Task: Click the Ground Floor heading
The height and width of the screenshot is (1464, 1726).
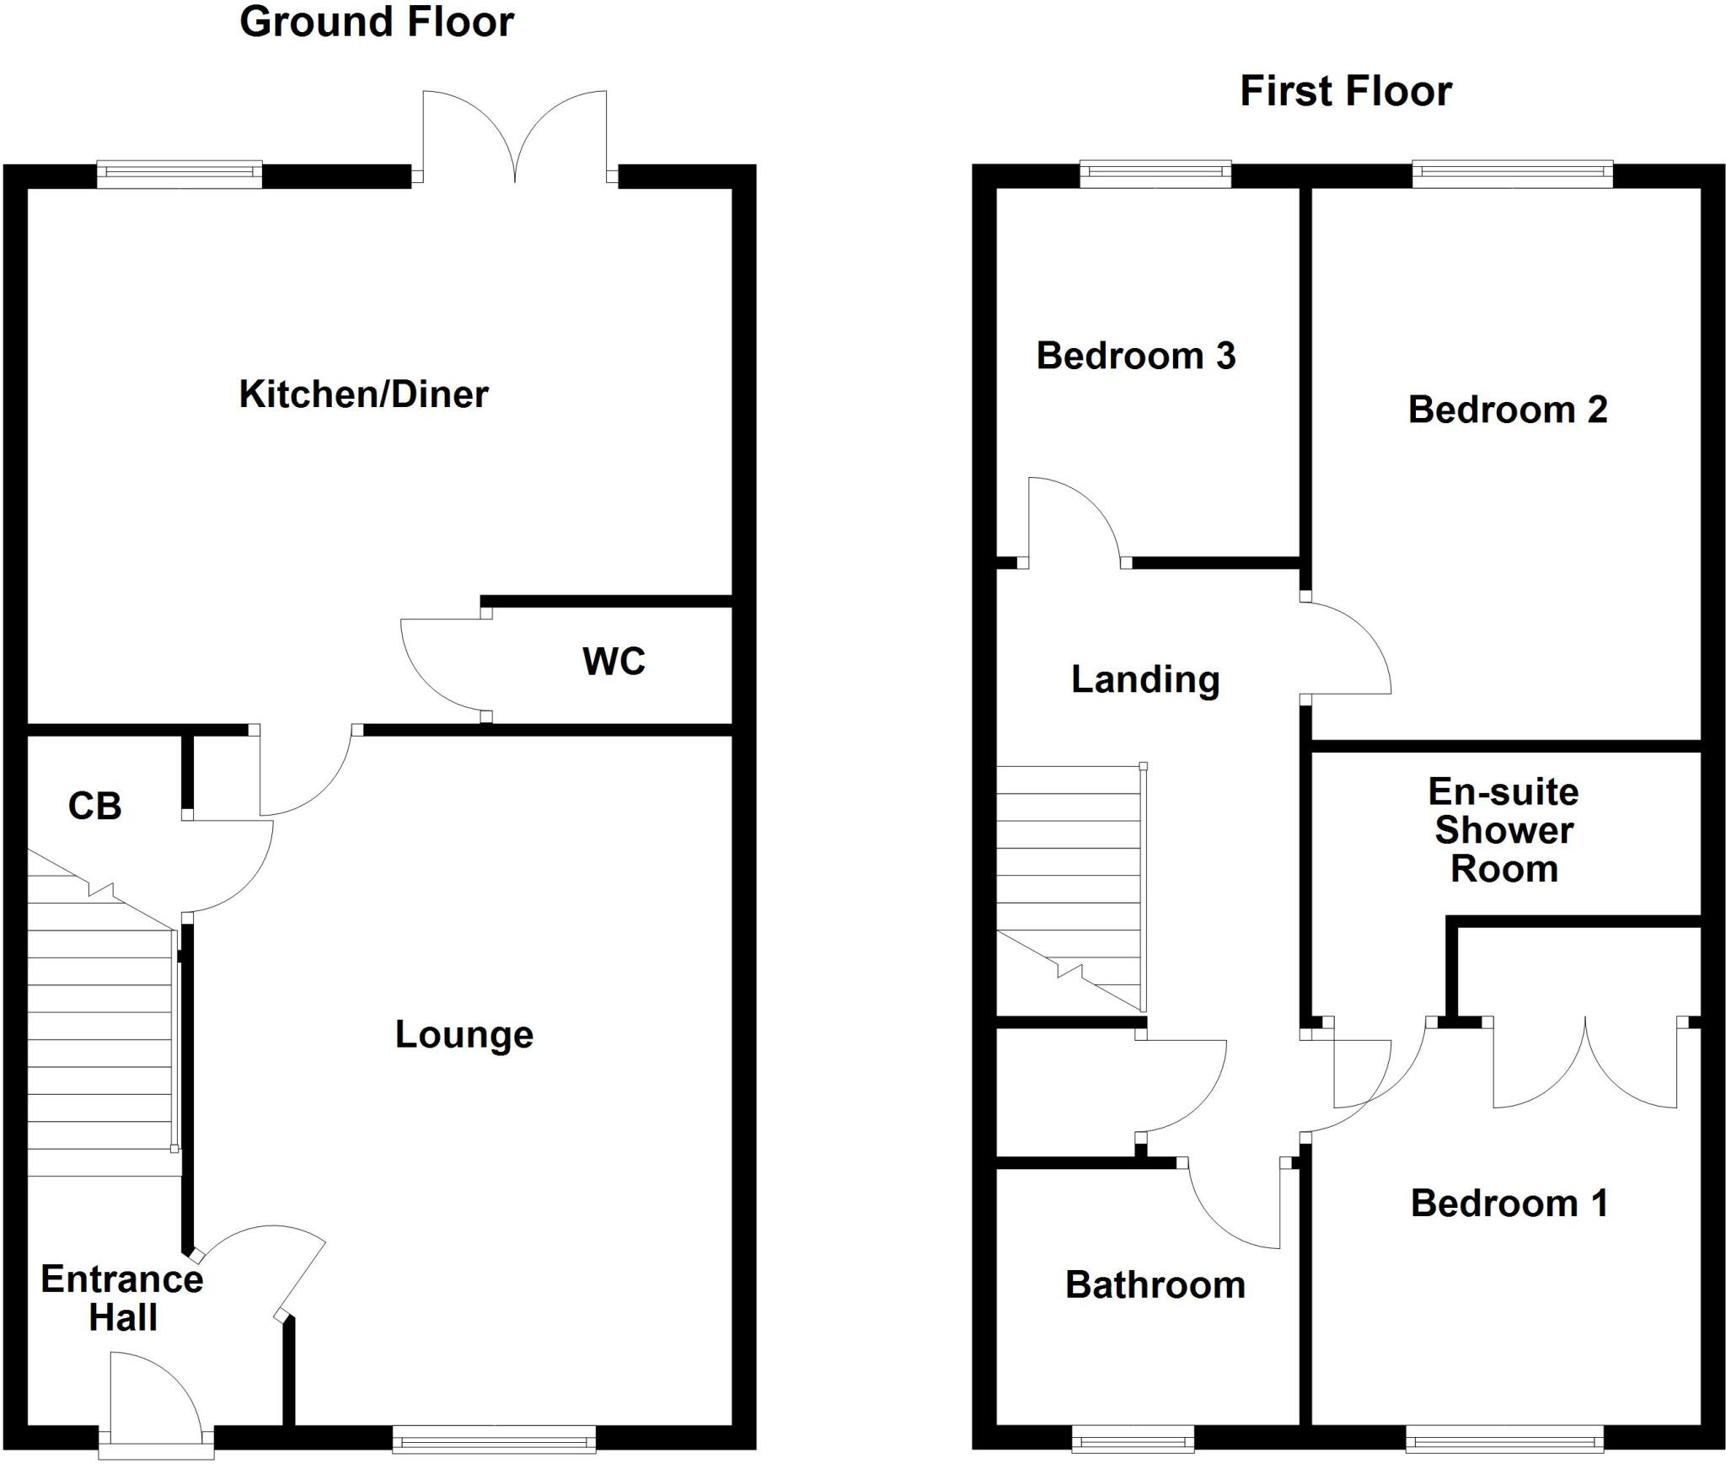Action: (377, 23)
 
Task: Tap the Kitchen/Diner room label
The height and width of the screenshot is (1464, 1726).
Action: (363, 394)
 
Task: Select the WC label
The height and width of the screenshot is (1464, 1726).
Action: (614, 662)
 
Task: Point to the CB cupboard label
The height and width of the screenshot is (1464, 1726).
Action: (94, 807)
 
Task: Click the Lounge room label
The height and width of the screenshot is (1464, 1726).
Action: (464, 1035)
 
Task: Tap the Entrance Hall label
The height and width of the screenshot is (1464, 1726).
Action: (122, 1299)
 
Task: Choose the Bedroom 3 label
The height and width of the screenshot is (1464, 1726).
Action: (1135, 356)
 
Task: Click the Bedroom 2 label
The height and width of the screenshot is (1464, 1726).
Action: (1507, 410)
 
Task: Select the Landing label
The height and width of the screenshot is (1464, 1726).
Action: (1145, 679)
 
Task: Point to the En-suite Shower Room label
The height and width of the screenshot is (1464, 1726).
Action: (1504, 830)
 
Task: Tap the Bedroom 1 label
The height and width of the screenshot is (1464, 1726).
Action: (1509, 1204)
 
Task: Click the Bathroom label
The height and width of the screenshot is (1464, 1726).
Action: (1155, 1285)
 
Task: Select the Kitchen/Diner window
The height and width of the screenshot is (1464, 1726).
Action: (179, 174)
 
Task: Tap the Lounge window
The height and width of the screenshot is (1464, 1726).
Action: (494, 1439)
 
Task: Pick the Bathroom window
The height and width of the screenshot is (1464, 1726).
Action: (1132, 1439)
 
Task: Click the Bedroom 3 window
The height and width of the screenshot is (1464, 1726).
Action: (1155, 174)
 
